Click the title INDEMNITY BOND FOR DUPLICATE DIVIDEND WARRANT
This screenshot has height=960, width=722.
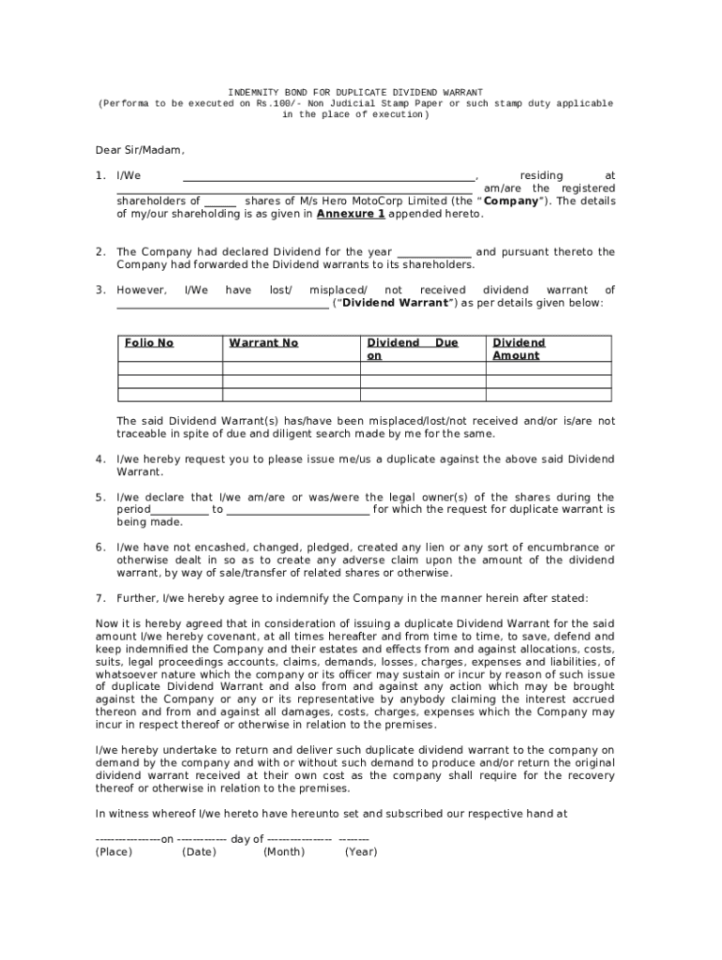click(356, 93)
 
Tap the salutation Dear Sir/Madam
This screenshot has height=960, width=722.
click(140, 150)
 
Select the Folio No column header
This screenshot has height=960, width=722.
click(149, 343)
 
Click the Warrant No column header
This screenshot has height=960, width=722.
click(263, 343)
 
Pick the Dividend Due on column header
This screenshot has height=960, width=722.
click(412, 349)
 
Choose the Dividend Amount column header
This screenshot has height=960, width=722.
click(519, 349)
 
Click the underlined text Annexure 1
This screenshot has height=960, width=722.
click(351, 214)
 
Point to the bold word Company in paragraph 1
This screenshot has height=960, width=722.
click(511, 201)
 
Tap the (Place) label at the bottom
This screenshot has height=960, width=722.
click(113, 851)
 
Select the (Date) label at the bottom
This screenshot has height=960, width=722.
click(199, 851)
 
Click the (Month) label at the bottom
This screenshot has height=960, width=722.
click(283, 851)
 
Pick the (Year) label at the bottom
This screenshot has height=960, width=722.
click(361, 851)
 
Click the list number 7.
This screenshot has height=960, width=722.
click(99, 597)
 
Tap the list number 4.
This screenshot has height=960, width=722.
click(99, 459)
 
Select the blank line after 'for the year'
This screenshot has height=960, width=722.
click(434, 252)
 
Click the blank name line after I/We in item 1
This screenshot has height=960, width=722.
click(328, 176)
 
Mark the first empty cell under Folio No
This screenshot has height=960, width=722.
click(169, 368)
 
